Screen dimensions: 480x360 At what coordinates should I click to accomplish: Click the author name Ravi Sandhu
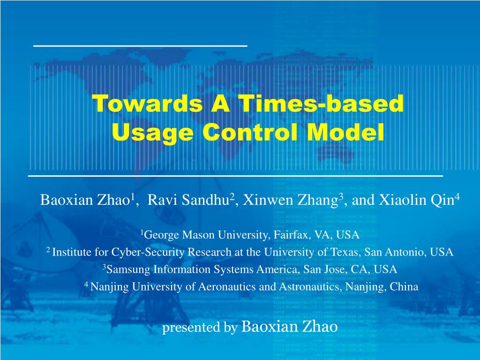pyautogui.click(x=188, y=200)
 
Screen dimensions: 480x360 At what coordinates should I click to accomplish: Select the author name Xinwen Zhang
pyautogui.click(x=290, y=201)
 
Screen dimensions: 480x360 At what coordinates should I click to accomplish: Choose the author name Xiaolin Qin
pyautogui.click(x=416, y=201)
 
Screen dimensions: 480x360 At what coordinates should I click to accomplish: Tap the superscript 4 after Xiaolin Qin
pyautogui.click(x=457, y=197)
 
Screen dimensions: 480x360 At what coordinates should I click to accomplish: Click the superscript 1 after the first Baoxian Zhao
pyautogui.click(x=133, y=197)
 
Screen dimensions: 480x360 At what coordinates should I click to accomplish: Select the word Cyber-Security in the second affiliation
pyautogui.click(x=148, y=252)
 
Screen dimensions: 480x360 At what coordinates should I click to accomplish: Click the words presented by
pyautogui.click(x=200, y=328)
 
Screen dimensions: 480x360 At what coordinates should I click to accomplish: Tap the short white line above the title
pyautogui.click(x=140, y=46)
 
